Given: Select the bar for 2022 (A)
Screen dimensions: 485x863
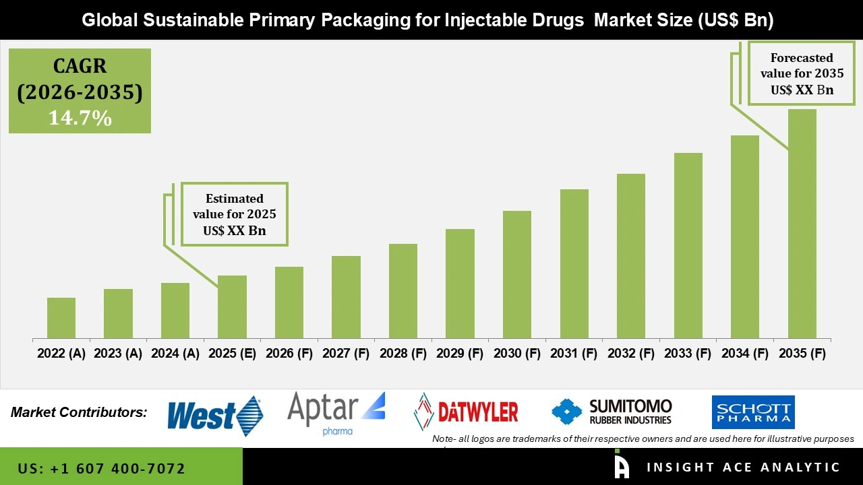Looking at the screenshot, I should tap(61, 318).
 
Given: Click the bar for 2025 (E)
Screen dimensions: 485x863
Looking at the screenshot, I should tap(232, 306).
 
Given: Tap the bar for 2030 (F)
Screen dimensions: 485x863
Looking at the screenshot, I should tap(517, 274).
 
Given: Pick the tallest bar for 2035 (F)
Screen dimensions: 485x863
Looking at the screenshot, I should tap(802, 224).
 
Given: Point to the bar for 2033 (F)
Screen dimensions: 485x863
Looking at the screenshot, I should tap(688, 245).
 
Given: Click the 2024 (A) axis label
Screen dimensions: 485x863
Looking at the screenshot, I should tap(175, 354).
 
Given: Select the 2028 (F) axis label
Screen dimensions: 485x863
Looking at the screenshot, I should tap(403, 354).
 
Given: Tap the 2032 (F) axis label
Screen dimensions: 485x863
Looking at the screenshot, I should tap(631, 354).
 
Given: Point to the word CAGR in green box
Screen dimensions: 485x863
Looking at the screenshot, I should tap(80, 67).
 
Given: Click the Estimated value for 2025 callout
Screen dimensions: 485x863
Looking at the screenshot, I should tap(234, 214).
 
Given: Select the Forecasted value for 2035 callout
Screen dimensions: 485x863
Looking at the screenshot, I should tap(802, 73).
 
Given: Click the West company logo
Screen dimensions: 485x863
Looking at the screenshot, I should tap(214, 416).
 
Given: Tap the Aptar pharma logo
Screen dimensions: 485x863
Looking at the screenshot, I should tap(336, 413).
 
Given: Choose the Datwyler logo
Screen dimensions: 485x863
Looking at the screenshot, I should tap(466, 412).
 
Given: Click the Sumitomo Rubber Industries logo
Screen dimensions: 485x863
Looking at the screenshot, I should tap(612, 412).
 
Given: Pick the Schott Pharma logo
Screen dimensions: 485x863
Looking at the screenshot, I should tap(753, 412).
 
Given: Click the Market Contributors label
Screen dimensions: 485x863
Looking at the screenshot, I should tap(79, 412).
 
